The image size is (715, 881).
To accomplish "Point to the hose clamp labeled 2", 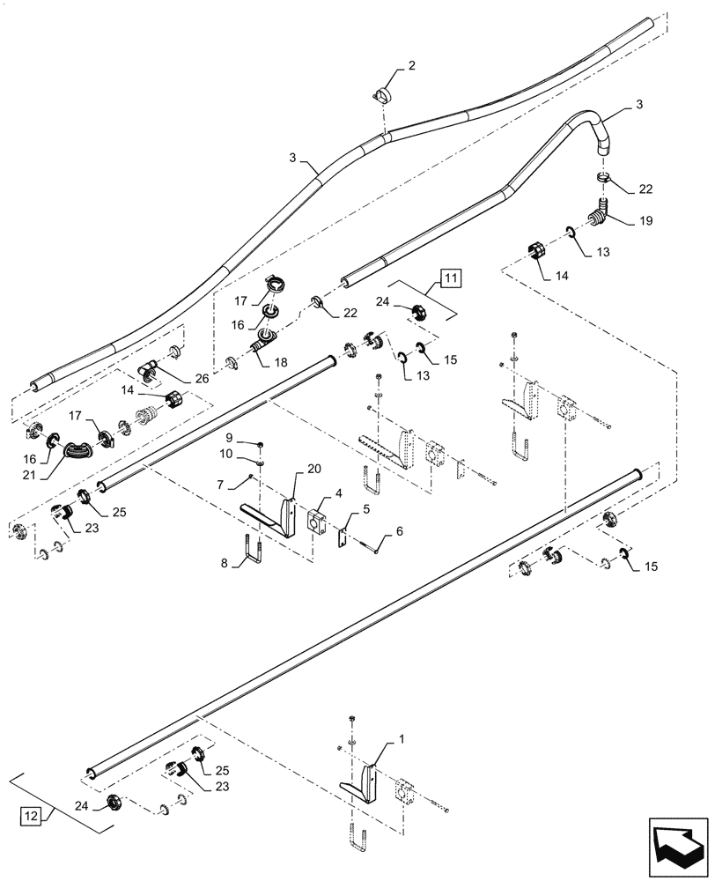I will (384, 93).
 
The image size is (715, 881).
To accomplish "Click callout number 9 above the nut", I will (228, 438).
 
